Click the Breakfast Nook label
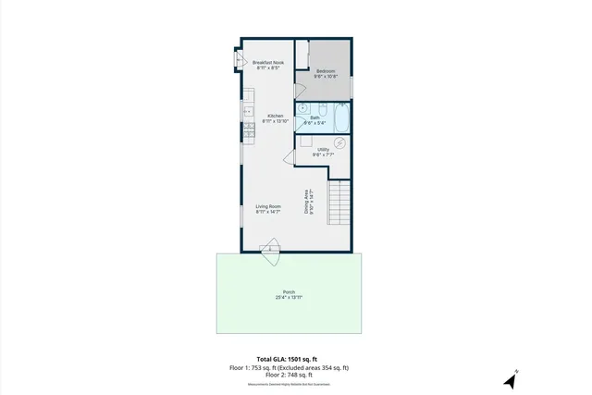point(269,65)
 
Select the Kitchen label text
point(275,118)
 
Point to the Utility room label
point(323,152)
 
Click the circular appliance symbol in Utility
point(339,142)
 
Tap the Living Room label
point(267,209)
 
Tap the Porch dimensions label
point(289,296)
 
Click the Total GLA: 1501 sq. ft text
point(287,359)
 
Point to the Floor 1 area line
point(289,368)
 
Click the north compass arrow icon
point(511,379)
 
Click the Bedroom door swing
point(299,92)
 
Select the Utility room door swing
point(290,157)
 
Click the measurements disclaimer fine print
point(288,384)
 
